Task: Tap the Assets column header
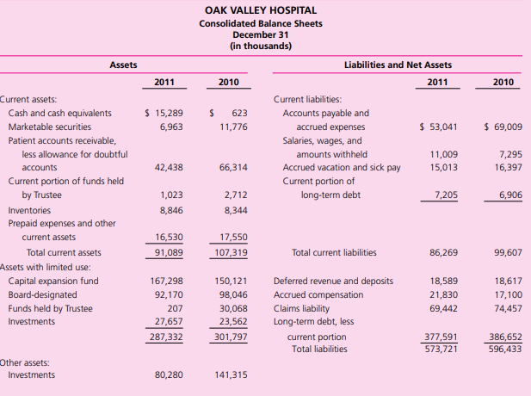[122, 65]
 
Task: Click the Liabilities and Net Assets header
[397, 65]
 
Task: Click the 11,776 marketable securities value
[233, 127]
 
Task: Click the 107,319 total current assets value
[229, 252]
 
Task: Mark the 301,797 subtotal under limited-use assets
[229, 337]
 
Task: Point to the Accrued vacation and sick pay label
[342, 167]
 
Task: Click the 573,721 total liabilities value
[442, 349]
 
